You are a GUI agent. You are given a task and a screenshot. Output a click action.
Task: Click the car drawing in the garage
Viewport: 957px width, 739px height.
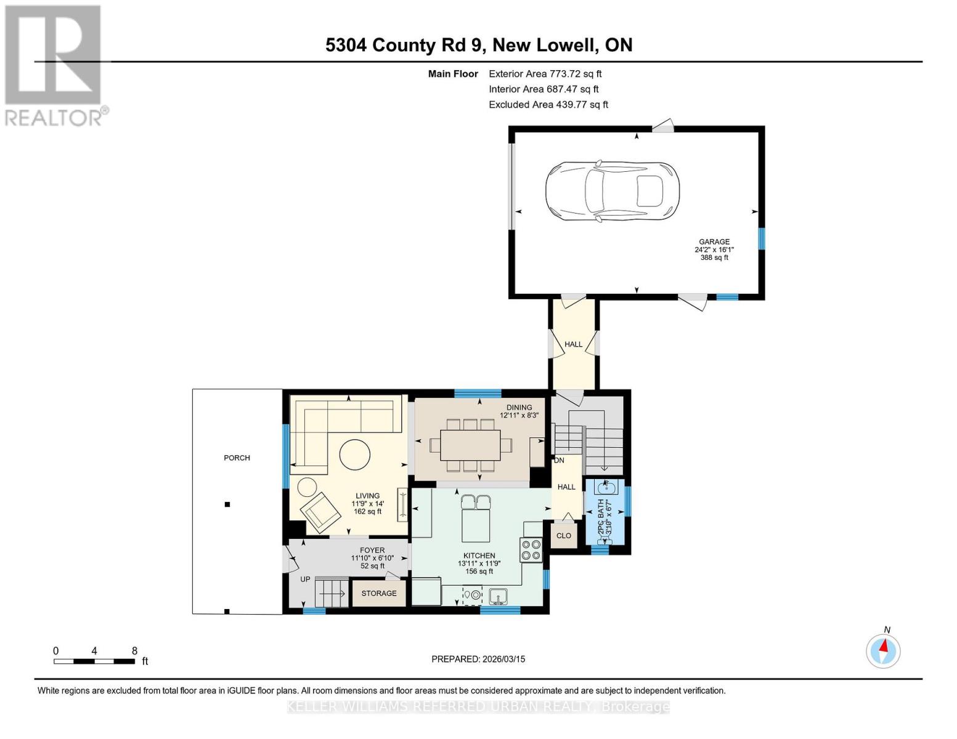tap(612, 192)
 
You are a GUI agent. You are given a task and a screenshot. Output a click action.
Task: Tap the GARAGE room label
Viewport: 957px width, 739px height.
tap(714, 242)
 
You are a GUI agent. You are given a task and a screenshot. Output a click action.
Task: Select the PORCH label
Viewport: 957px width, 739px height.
tap(237, 458)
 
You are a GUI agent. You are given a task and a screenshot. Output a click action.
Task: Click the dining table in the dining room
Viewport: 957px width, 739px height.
tap(470, 445)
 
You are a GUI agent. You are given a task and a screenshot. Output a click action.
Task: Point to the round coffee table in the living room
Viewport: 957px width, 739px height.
tap(354, 455)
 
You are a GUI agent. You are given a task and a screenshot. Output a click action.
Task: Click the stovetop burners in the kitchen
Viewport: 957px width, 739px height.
tap(531, 549)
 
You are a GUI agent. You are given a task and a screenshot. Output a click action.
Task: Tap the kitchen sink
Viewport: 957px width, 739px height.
tap(498, 596)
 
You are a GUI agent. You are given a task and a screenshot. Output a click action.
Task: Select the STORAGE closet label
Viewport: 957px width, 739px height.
tap(379, 593)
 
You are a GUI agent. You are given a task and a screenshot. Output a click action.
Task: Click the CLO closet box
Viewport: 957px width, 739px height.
tap(564, 536)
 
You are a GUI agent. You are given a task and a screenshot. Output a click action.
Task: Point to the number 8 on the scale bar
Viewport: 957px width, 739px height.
tap(134, 651)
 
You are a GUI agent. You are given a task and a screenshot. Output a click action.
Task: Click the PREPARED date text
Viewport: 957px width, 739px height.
tap(478, 659)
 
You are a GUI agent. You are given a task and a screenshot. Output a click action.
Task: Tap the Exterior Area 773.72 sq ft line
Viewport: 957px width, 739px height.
tap(545, 73)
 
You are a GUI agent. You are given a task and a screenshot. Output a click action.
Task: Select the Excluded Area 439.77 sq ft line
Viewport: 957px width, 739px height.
tap(548, 105)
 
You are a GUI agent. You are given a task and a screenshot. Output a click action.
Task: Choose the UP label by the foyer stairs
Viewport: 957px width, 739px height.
tap(305, 579)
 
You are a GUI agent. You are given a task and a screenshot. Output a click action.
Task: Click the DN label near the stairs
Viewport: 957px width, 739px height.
tap(559, 460)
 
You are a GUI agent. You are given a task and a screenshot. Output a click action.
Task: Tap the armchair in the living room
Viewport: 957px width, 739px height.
tap(320, 511)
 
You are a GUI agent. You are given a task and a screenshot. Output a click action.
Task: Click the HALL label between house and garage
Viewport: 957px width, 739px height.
tap(573, 344)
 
